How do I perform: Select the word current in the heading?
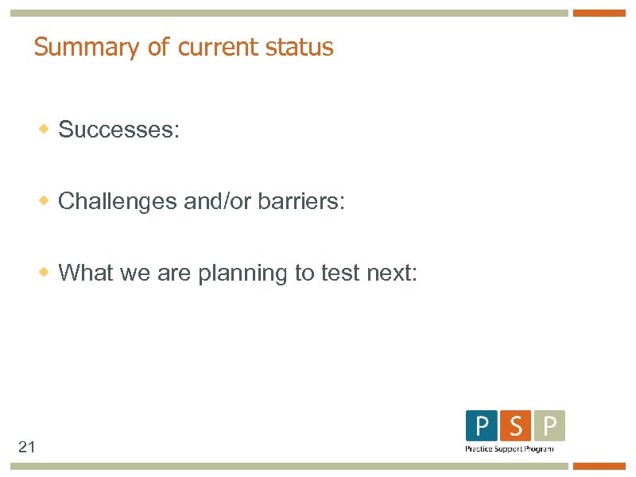tap(212, 47)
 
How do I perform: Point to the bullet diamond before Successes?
tap(46, 128)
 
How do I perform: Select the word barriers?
tap(301, 201)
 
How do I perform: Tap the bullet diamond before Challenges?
tap(46, 200)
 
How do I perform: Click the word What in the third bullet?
tap(86, 273)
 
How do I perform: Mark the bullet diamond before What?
tap(46, 271)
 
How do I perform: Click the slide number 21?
tap(27, 448)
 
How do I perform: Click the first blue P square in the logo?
tap(481, 426)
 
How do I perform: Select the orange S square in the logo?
tap(515, 426)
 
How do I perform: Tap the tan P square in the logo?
tap(549, 426)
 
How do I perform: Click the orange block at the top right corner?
tap(599, 14)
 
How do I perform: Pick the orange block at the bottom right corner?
tap(599, 467)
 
